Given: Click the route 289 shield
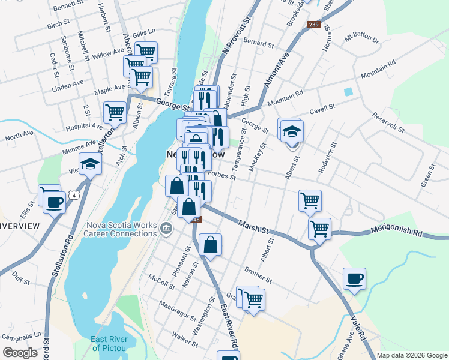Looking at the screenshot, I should (x=313, y=25).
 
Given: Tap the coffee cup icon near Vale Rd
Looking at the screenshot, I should (x=354, y=278).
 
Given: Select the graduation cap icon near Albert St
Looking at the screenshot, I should (x=292, y=131).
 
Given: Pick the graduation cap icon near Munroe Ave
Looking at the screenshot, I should (x=90, y=163).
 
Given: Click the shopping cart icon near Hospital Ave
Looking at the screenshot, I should (x=115, y=112).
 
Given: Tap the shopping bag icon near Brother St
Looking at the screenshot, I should (x=210, y=244).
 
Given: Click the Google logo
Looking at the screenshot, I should (x=20, y=353).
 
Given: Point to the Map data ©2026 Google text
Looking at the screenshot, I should (x=412, y=355).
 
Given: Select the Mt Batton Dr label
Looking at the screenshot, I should (x=362, y=40).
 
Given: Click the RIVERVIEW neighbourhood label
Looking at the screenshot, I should (x=20, y=226).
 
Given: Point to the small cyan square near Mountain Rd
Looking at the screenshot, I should (x=348, y=92).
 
